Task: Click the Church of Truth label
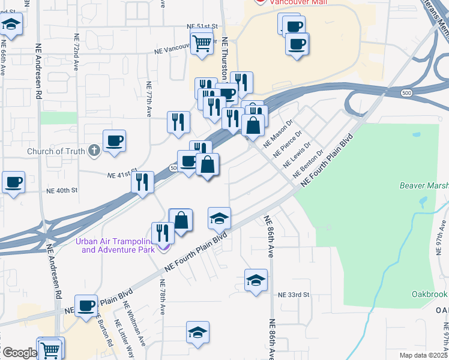tap(56, 151)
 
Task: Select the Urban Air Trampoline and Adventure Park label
tap(115, 245)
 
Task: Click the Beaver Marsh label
tap(424, 186)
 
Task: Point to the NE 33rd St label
tap(294, 295)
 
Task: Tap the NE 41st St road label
tap(119, 175)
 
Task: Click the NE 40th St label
tap(62, 190)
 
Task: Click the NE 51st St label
tap(200, 27)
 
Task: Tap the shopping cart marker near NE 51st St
tap(202, 43)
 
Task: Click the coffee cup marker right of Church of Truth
tap(114, 142)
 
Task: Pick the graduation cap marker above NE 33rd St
tap(256, 280)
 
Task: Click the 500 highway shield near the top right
tap(406, 93)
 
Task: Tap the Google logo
tap(19, 353)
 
